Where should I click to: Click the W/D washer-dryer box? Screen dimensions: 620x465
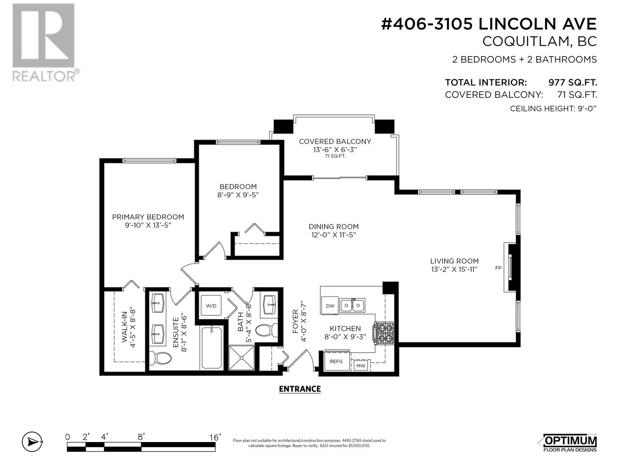coord(211,305)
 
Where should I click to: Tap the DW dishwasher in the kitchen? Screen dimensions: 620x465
coord(330,305)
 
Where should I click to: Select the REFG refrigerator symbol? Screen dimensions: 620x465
coord(336,361)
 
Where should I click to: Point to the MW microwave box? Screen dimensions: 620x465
coord(361,366)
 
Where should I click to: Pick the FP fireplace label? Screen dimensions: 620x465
coord(498,268)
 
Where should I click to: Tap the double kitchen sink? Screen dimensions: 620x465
coord(352,305)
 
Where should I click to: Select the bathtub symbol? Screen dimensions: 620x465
coord(212,348)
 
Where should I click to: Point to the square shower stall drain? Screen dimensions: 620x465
coord(241,358)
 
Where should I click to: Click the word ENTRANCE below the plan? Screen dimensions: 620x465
coord(300,389)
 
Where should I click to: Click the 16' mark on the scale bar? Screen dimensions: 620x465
coord(215,437)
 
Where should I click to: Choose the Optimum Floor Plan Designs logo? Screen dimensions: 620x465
coord(570,443)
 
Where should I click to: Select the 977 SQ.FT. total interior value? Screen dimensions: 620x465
coord(573,83)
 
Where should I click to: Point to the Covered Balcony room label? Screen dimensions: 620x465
coord(335,141)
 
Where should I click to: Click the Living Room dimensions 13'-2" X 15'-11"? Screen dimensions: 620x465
coord(454,269)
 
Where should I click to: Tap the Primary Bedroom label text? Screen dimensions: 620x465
coord(148,217)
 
